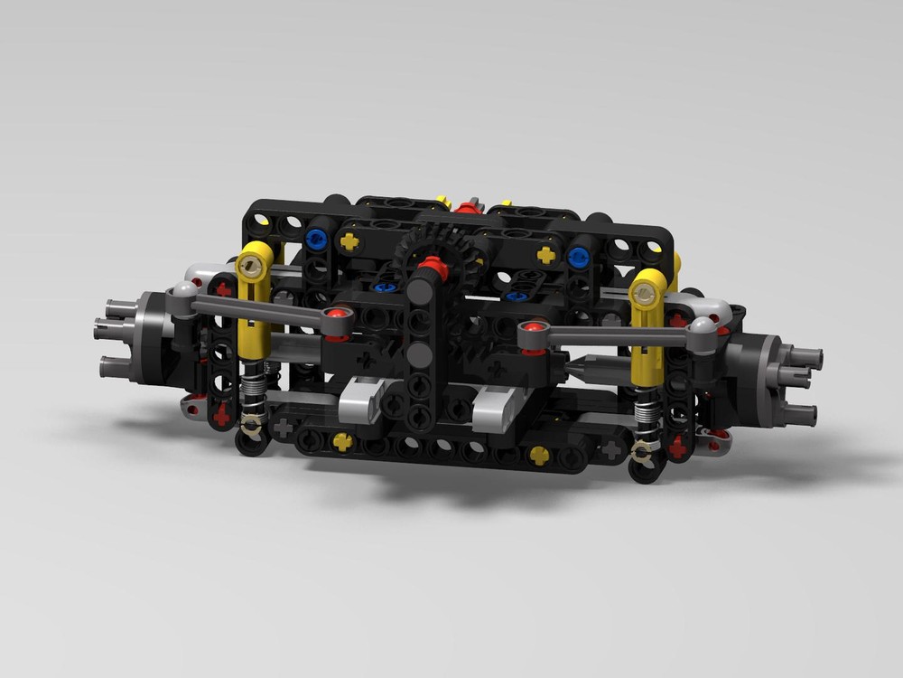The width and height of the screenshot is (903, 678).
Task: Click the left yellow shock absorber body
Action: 255,307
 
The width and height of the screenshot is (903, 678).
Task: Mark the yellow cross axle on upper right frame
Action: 545,255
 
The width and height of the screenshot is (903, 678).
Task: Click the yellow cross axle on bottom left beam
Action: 342,440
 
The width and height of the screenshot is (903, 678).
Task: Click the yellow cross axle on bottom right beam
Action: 539,456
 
